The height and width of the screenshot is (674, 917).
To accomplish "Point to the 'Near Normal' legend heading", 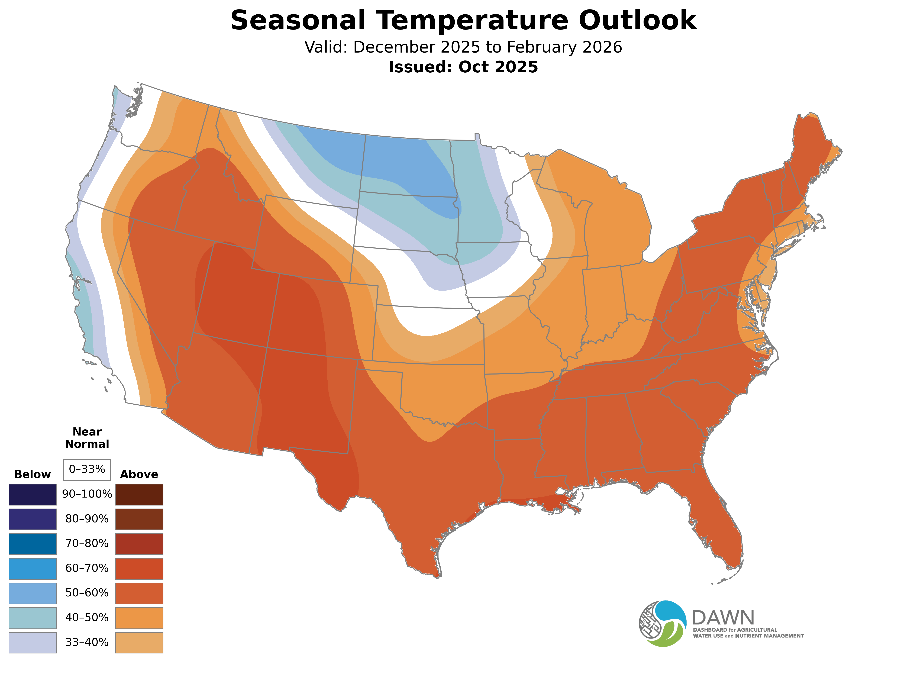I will coord(87,438).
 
